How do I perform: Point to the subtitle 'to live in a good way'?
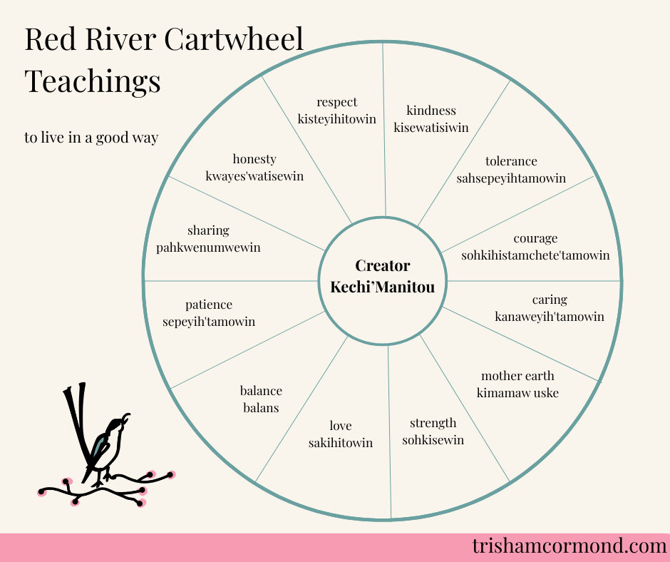[91, 138]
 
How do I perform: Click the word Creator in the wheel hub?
[383, 266]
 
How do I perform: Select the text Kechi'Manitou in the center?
[383, 286]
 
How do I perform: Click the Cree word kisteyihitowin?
[337, 119]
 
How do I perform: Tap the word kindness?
[431, 111]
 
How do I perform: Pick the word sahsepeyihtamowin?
[511, 178]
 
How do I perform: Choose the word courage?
[535, 238]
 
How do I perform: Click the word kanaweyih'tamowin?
[550, 316]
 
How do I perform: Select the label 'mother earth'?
[517, 376]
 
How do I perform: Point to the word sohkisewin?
[433, 440]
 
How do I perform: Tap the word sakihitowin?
[341, 443]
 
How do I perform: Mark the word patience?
[209, 305]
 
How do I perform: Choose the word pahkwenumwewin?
[208, 247]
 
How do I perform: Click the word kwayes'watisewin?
[254, 176]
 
